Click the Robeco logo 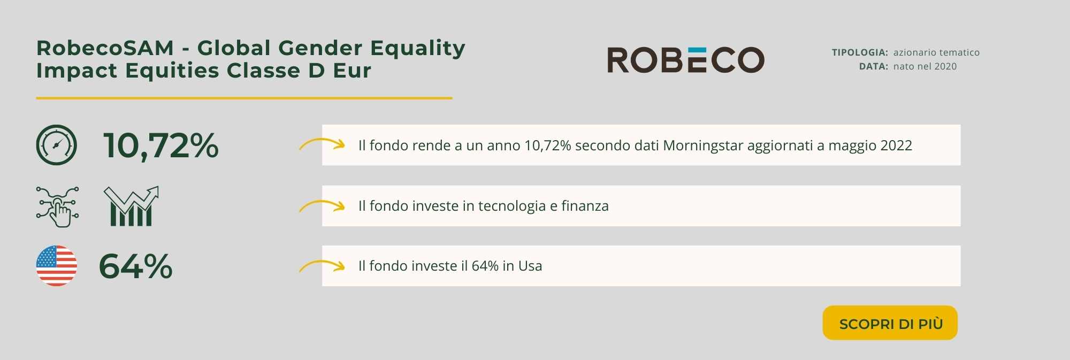(x=686, y=59)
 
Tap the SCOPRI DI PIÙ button (x=890, y=323)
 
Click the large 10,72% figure (x=161, y=145)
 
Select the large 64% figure (x=136, y=266)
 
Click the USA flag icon (x=56, y=266)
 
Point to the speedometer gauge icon (x=56, y=145)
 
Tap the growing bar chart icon (x=132, y=206)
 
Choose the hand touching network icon (x=57, y=207)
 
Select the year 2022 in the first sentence (x=896, y=145)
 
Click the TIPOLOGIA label (x=860, y=52)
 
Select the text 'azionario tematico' (x=936, y=52)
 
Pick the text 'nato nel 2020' (x=925, y=66)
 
